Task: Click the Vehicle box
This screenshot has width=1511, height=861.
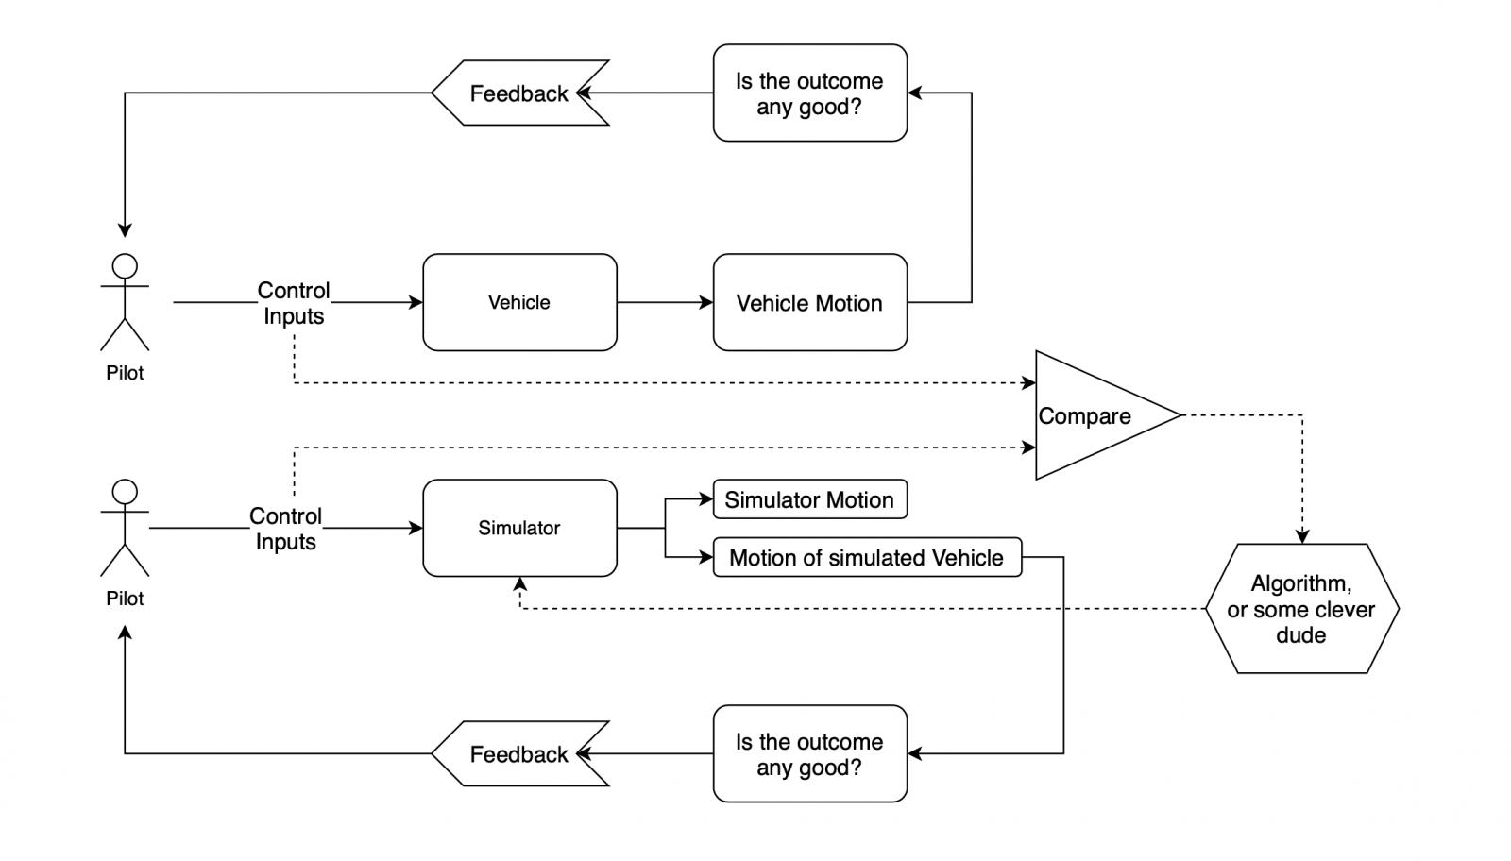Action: pyautogui.click(x=519, y=302)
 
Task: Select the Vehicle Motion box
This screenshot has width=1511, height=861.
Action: pyautogui.click(x=809, y=302)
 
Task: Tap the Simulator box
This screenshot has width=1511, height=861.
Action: pyautogui.click(x=519, y=528)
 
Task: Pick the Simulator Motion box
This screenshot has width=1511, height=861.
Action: pyautogui.click(x=809, y=499)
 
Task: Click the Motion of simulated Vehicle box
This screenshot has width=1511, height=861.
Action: pyautogui.click(x=866, y=557)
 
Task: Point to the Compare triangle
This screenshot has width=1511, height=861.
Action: pyautogui.click(x=1095, y=415)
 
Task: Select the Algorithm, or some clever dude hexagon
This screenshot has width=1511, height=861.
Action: pyautogui.click(x=1301, y=609)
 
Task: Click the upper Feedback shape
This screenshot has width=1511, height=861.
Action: pyautogui.click(x=519, y=93)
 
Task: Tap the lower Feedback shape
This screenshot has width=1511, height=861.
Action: pyautogui.click(x=519, y=754)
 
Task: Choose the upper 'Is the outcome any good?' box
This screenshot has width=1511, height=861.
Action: pyautogui.click(x=809, y=93)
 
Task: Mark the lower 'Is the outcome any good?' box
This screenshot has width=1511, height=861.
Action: pyautogui.click(x=809, y=754)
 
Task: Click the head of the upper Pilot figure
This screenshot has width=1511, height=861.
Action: pyautogui.click(x=125, y=266)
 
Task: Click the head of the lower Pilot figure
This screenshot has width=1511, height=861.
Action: pyautogui.click(x=125, y=492)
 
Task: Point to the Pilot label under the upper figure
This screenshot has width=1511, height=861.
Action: pyautogui.click(x=125, y=373)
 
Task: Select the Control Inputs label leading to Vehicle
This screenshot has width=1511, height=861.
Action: pyautogui.click(x=294, y=303)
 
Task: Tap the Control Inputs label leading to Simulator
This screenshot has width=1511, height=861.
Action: pyautogui.click(x=285, y=529)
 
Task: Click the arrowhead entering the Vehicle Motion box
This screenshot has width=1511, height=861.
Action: pyautogui.click(x=706, y=302)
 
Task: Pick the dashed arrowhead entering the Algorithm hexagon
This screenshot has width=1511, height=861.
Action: pyautogui.click(x=1302, y=537)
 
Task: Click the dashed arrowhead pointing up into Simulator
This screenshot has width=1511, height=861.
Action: pyautogui.click(x=519, y=583)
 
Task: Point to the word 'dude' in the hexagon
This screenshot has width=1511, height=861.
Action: pyautogui.click(x=1300, y=635)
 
